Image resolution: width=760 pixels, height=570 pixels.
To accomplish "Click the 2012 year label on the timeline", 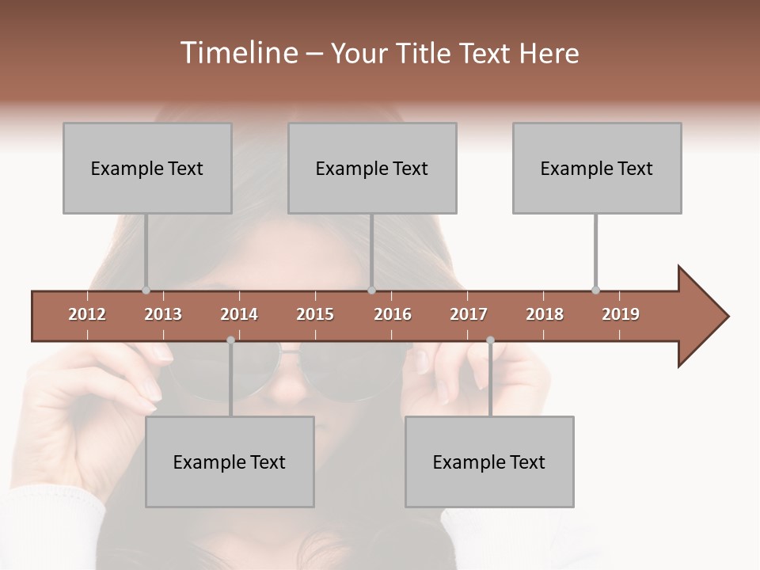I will coord(87,314).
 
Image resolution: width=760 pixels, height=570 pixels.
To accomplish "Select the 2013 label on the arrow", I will coord(163,314).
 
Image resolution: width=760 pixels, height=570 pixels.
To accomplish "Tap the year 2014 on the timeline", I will coord(239,314).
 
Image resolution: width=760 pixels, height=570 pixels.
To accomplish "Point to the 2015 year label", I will coord(315,314).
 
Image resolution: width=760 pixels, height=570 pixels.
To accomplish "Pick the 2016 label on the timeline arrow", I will coord(393,314).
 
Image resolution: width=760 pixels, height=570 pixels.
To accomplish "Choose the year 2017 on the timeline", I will coord(469,314).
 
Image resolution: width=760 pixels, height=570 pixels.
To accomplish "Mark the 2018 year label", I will coord(545,314).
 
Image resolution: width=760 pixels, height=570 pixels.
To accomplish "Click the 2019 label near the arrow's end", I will coord(621,314).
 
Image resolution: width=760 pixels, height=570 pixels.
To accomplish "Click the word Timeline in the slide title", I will coord(237,53).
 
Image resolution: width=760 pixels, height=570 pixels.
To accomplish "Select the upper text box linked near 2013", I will coord(147,168).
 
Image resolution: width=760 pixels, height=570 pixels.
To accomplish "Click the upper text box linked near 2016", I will coord(372,168).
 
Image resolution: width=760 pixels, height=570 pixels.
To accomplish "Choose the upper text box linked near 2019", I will coord(597,168).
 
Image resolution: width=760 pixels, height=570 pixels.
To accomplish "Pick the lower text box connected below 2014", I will coord(230,462).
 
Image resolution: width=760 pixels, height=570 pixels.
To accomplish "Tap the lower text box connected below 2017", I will coord(489,462).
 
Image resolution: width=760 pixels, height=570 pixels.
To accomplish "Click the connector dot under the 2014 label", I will coord(230,340).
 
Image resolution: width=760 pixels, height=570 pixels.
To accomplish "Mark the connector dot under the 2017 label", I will coord(490,340).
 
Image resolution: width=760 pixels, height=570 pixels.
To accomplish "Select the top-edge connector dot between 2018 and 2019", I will coord(595,290).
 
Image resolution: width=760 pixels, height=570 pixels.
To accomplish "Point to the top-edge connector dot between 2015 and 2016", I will coord(371,290).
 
